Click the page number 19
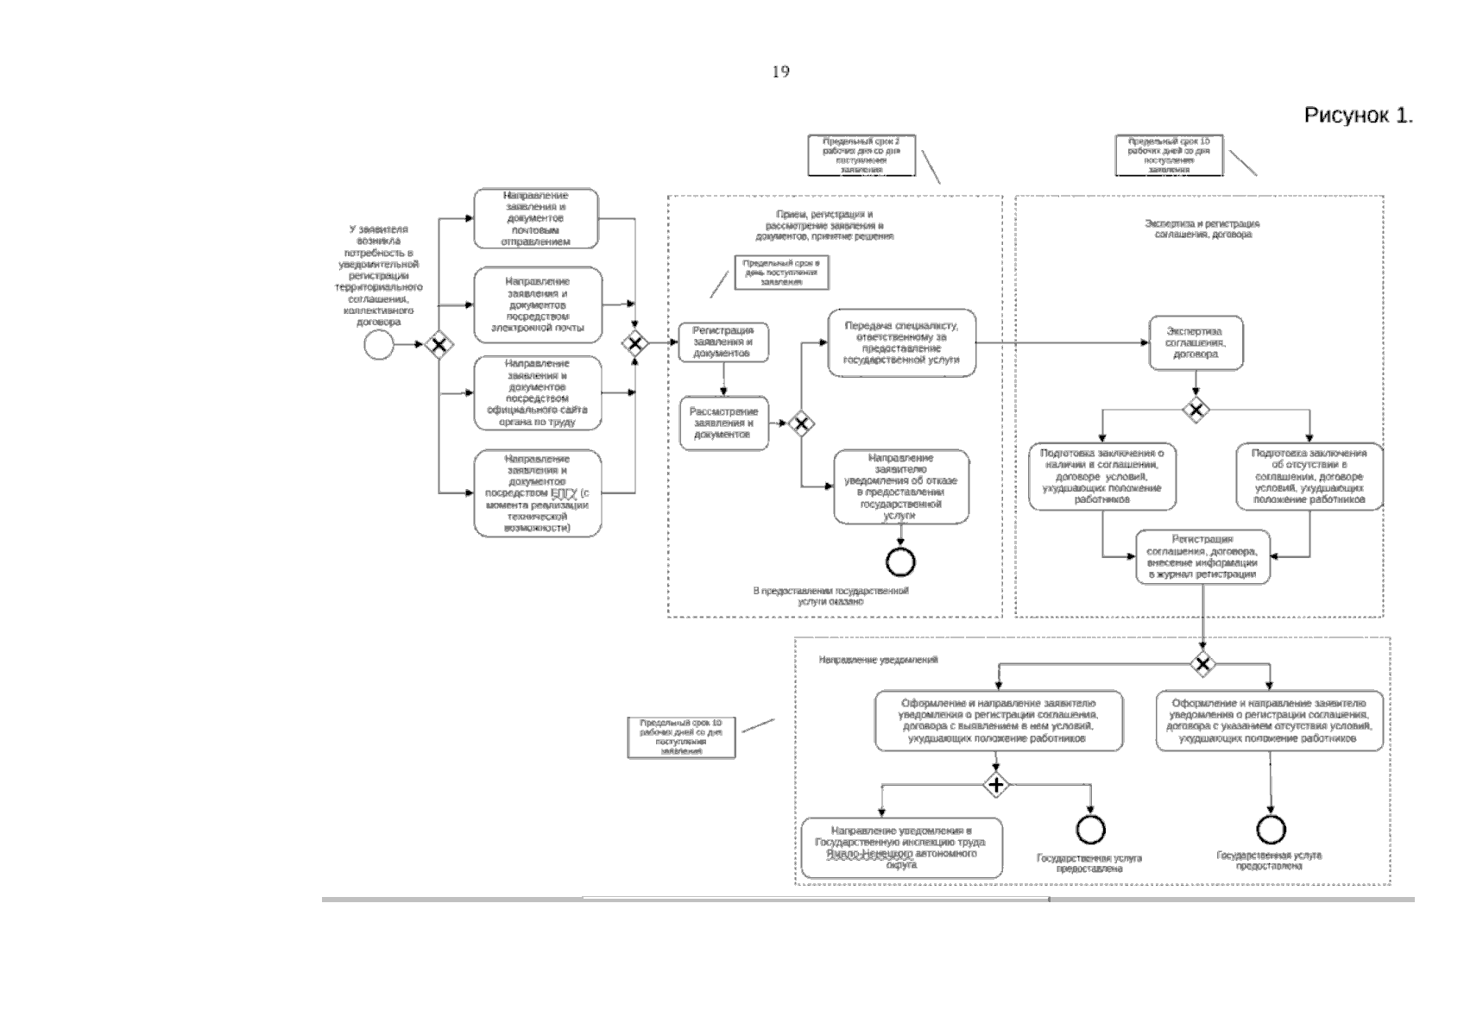[x=780, y=72]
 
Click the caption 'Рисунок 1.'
[x=1358, y=116]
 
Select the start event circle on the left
[x=378, y=345]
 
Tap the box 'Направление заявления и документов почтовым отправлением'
[x=536, y=218]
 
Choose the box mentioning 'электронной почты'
[x=538, y=304]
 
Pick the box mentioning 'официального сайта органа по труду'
[x=538, y=393]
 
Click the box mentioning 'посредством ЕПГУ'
[x=538, y=493]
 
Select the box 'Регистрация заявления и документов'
[x=723, y=342]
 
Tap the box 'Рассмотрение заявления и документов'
[x=723, y=423]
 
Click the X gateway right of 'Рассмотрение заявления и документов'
[x=801, y=423]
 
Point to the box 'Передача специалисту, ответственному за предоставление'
[x=901, y=343]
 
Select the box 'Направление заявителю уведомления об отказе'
[x=900, y=486]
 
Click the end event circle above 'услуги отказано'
[x=900, y=562]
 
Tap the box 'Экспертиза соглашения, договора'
[x=1195, y=342]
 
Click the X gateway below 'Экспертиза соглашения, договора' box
[x=1196, y=409]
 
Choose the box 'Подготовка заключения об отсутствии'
[x=1309, y=476]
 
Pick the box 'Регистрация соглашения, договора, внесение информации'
[x=1202, y=557]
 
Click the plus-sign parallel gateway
[x=997, y=785]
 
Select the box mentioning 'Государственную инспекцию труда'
[x=901, y=848]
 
